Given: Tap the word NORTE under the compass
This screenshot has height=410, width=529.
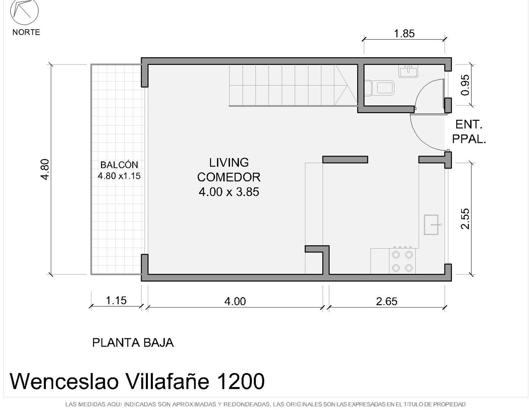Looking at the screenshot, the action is [26, 32].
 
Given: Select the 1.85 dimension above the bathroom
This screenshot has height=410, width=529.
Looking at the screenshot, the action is [404, 34].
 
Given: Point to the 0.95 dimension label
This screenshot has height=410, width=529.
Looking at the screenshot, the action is [465, 85].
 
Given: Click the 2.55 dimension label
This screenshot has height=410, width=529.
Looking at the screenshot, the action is [465, 219].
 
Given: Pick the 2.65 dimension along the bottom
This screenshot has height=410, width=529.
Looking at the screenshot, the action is [386, 301].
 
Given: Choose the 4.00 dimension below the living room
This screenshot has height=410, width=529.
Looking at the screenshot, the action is [235, 301].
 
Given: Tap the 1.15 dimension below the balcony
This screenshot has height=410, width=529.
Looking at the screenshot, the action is [116, 300].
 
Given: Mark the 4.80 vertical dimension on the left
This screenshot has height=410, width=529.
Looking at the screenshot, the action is [45, 170].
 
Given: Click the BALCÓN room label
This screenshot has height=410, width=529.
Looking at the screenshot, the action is [119, 165].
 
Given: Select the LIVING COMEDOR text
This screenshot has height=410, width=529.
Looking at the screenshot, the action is [229, 170].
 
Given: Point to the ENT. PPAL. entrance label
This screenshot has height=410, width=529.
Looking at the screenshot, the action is [469, 132].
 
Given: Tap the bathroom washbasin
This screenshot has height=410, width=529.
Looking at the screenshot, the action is [408, 71].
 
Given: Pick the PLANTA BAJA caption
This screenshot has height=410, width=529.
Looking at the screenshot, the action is [133, 343].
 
